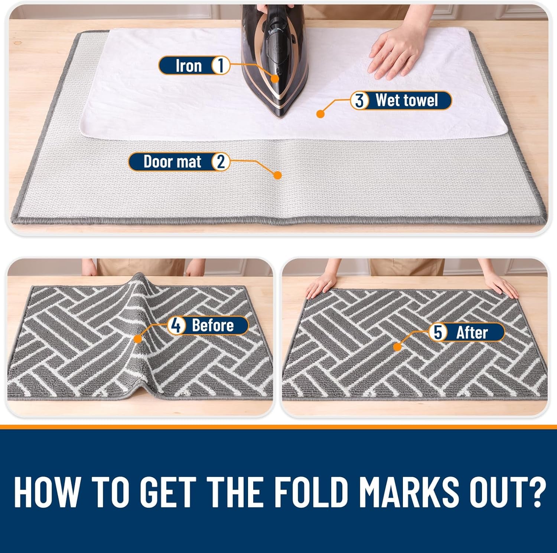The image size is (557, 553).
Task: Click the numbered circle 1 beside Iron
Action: (x=221, y=66)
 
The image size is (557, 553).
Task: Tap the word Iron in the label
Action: (x=188, y=66)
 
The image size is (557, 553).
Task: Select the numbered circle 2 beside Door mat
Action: (x=221, y=162)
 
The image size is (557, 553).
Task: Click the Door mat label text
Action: (x=172, y=162)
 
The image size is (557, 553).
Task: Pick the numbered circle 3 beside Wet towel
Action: (x=359, y=101)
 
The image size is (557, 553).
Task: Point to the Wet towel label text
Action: (x=407, y=101)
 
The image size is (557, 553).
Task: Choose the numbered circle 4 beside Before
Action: (x=177, y=326)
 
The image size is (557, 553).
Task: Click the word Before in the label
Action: (x=213, y=326)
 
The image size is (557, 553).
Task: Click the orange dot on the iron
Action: (x=275, y=78)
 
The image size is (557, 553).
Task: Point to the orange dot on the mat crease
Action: (x=277, y=175)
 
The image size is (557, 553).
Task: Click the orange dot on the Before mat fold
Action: (x=138, y=339)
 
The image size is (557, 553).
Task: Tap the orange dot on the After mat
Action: (x=397, y=347)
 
